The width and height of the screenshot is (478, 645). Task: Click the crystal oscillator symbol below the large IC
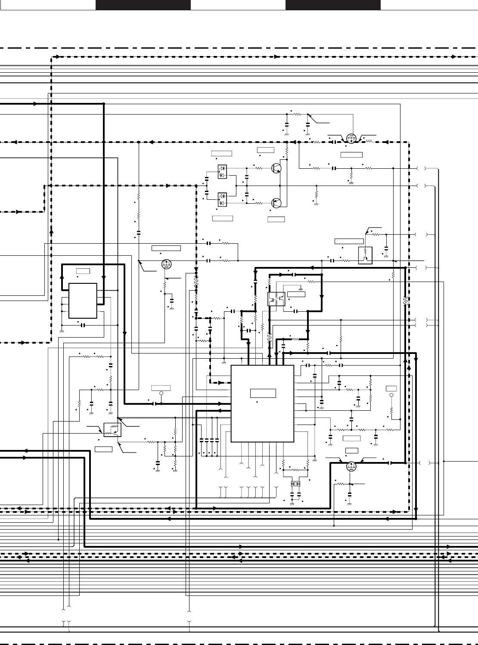(x=295, y=484)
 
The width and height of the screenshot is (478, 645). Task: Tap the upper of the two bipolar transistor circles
(x=276, y=168)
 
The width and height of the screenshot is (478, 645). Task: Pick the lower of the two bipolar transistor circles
(x=276, y=203)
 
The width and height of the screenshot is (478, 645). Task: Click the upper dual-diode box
(x=223, y=171)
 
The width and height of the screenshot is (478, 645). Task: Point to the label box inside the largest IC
(x=263, y=393)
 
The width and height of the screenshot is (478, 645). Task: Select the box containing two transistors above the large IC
(x=276, y=299)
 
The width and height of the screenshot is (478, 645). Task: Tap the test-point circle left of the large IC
(x=161, y=394)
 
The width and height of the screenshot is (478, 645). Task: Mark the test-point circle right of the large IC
(x=391, y=395)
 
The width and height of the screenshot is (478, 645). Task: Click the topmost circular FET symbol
(x=351, y=139)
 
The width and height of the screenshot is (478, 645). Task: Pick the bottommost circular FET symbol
(x=351, y=465)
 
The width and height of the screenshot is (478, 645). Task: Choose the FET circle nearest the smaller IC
(x=166, y=264)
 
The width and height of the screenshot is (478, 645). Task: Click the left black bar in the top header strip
(x=143, y=5)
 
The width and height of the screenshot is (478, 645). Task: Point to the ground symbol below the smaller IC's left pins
(x=62, y=331)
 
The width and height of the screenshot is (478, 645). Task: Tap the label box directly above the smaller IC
(x=83, y=271)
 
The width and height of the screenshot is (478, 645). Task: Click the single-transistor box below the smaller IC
(x=112, y=430)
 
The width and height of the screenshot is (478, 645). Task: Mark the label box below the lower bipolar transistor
(x=276, y=219)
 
